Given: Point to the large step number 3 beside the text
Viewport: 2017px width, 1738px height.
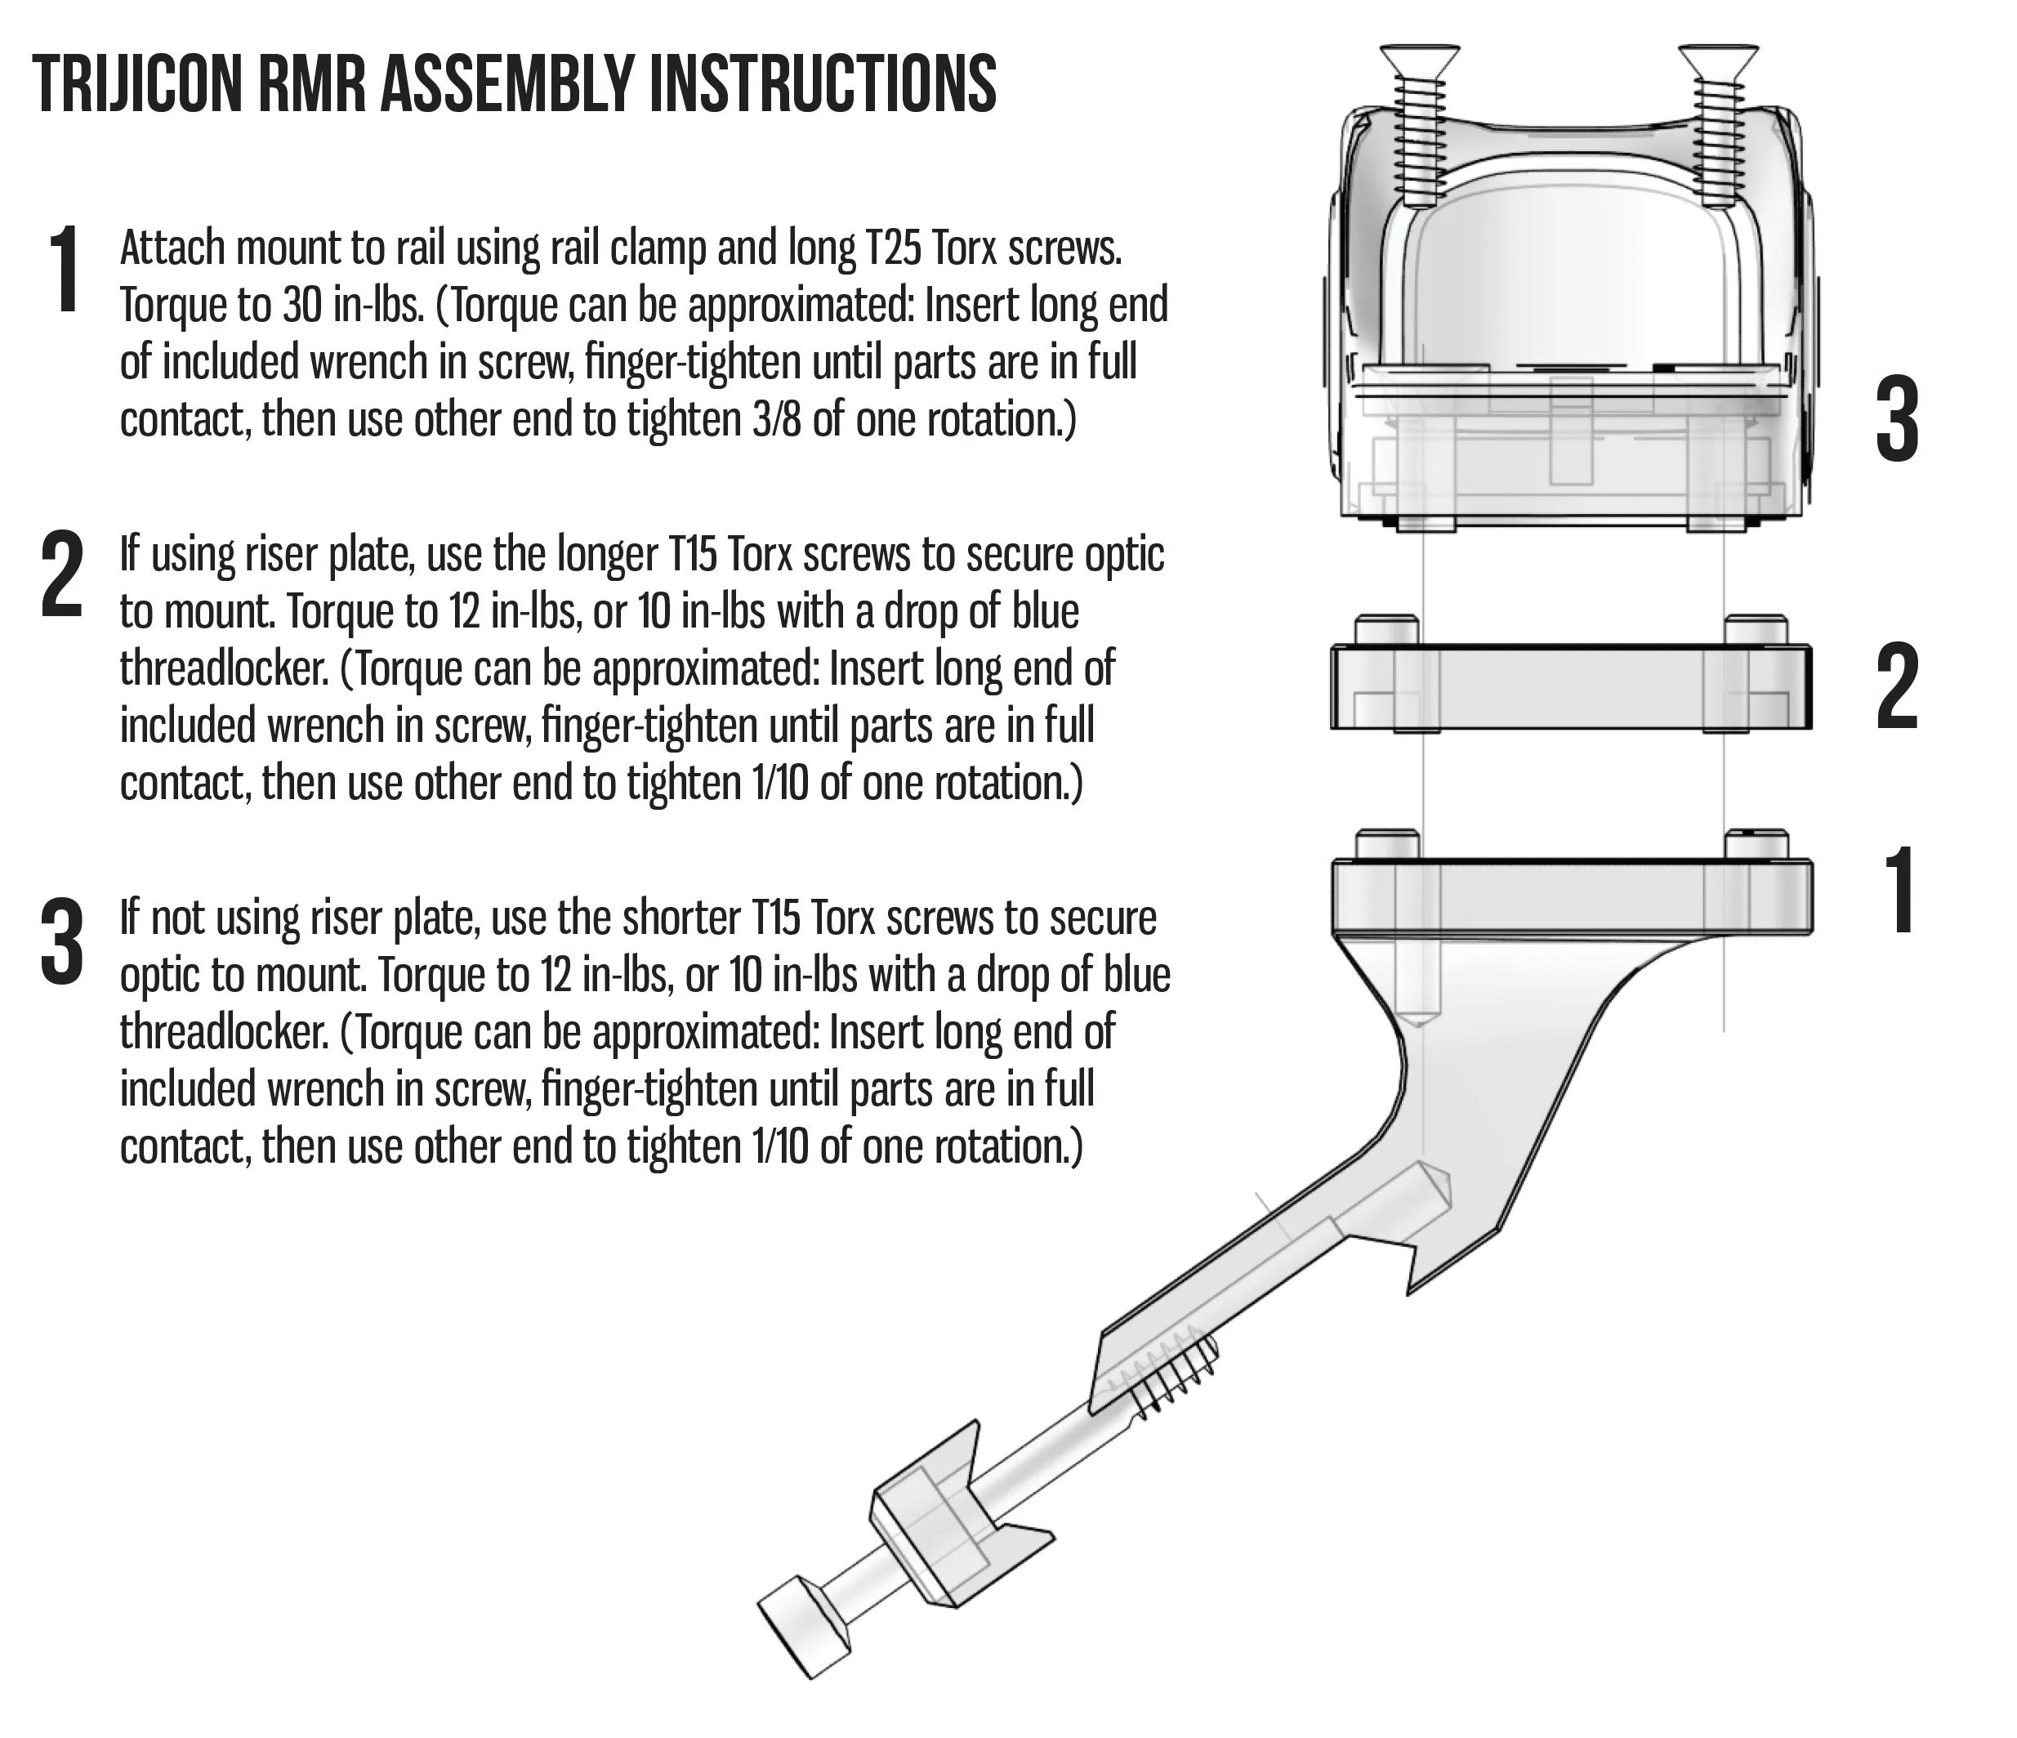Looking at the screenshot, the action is [x=61, y=940].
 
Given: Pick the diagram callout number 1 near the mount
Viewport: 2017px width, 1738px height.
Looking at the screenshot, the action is [x=1899, y=890].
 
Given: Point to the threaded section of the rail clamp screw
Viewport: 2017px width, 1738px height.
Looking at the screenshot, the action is [x=1169, y=1372].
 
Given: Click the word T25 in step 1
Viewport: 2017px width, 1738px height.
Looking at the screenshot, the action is [x=894, y=249].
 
